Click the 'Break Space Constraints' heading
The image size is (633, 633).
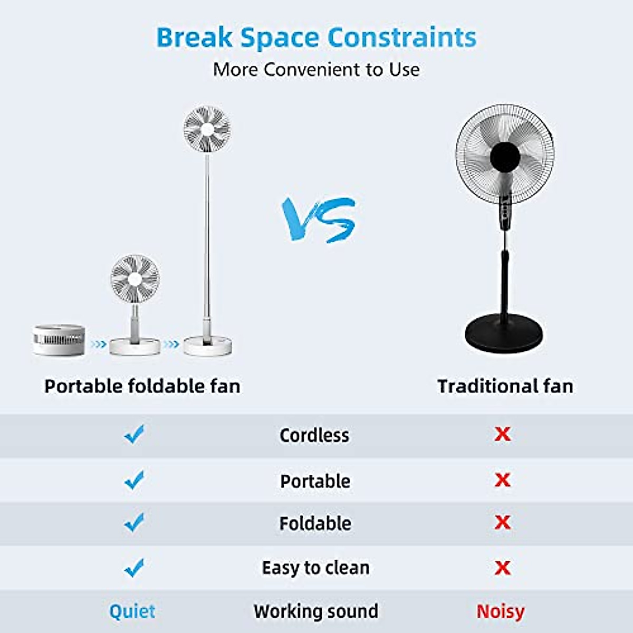point(316,38)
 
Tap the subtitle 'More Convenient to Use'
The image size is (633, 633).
point(316,70)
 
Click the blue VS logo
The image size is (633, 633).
point(318,219)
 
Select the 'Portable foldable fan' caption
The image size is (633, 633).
point(142,386)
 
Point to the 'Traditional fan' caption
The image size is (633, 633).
point(505,386)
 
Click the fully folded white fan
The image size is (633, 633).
point(59,340)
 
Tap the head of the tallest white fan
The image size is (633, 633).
point(207,129)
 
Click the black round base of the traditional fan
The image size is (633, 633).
point(504,333)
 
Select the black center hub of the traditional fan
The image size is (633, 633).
point(505,157)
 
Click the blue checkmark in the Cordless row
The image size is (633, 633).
point(135,435)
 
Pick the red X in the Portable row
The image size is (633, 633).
point(503,480)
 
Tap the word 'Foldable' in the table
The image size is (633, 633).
point(315,523)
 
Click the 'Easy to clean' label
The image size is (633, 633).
point(315,568)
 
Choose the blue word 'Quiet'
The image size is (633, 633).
point(132,611)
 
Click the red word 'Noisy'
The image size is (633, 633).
point(500,611)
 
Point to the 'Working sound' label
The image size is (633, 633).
point(315,611)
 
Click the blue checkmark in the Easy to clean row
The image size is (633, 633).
point(135,568)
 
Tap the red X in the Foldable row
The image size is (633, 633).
point(503,522)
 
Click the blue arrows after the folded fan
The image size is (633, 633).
point(98,344)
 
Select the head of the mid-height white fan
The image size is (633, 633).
point(135,279)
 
